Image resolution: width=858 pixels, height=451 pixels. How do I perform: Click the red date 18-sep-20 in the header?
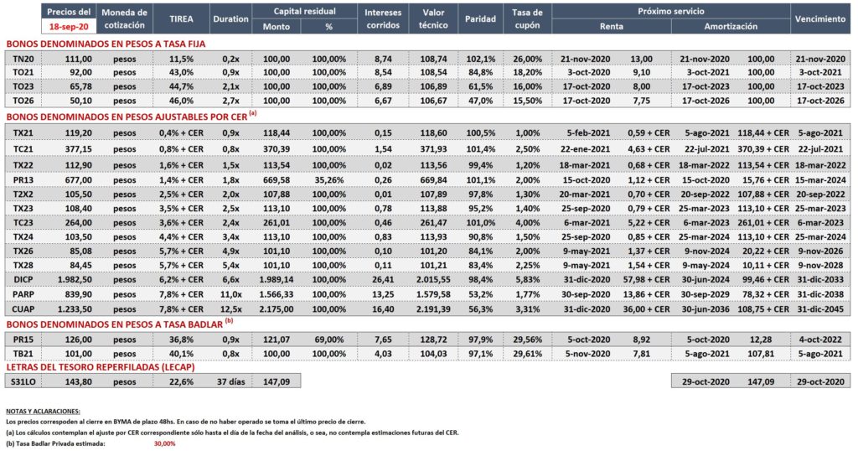tap(69, 26)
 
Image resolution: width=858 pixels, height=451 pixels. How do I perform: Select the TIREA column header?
tap(181, 18)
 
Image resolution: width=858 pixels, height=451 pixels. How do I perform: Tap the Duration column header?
tap(230, 18)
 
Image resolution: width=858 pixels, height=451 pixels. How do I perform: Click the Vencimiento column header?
tap(820, 18)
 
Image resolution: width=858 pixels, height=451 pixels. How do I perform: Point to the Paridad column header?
tap(480, 18)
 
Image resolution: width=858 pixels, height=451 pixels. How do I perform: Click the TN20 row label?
tap(23, 59)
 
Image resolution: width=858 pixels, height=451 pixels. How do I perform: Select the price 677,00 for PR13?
tap(78, 179)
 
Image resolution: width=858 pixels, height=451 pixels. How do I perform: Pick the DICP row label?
tap(23, 279)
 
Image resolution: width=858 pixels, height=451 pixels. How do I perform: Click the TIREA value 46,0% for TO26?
tap(181, 100)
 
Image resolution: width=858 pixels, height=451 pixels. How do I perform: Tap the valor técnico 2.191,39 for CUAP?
tap(433, 308)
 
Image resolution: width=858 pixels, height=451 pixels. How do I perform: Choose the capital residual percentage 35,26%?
tap(328, 179)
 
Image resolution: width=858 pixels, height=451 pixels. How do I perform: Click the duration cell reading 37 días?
tap(230, 381)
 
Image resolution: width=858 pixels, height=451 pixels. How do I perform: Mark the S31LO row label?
tap(23, 381)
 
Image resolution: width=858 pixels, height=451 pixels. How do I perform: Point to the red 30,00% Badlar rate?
tap(165, 443)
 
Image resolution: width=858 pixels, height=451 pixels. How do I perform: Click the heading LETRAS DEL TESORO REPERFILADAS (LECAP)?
tap(101, 367)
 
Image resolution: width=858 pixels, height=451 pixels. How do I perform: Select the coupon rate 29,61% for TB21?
tap(528, 354)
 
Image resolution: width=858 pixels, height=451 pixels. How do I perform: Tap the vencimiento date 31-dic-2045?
tap(821, 308)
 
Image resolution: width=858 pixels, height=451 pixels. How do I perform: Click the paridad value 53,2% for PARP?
tap(480, 294)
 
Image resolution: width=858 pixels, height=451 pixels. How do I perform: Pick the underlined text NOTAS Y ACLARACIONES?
tap(43, 411)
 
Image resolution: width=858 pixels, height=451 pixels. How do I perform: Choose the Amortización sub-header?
tap(731, 26)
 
